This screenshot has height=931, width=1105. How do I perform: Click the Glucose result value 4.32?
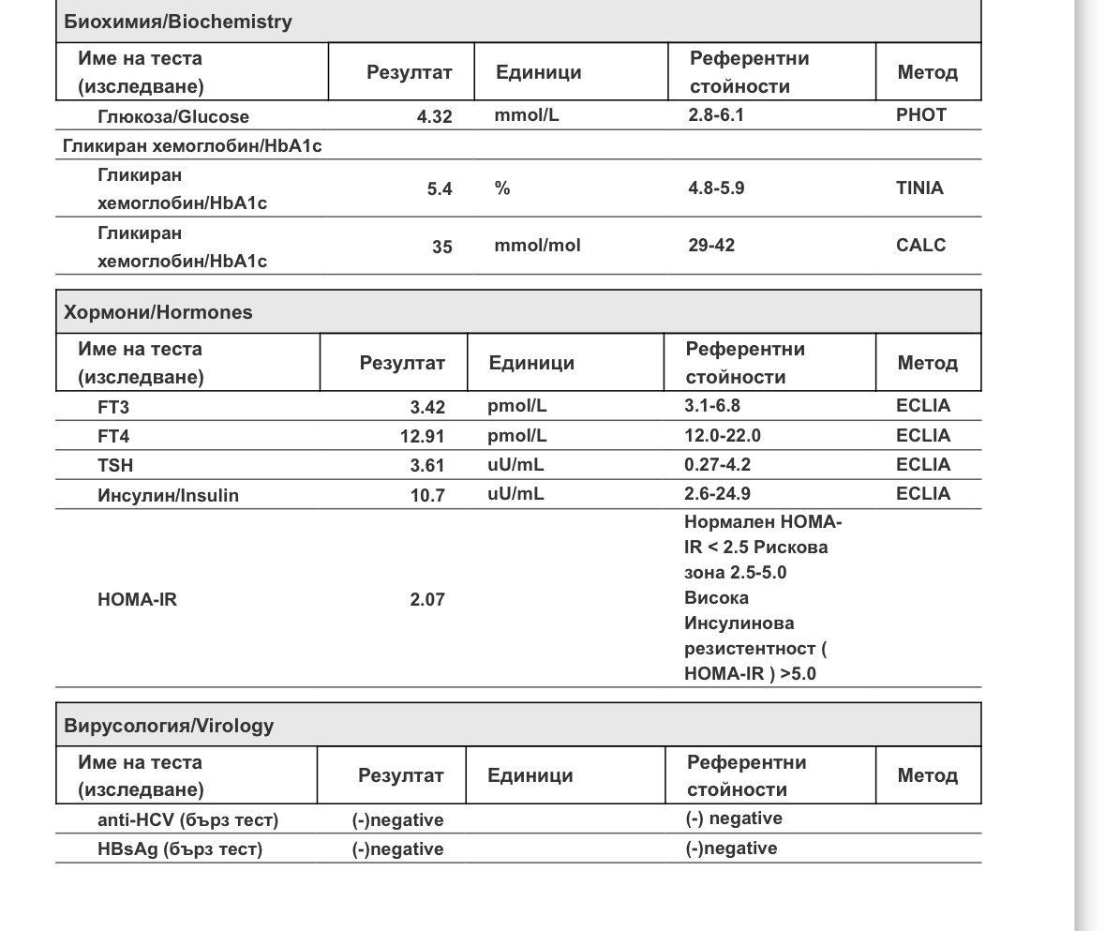[x=434, y=117]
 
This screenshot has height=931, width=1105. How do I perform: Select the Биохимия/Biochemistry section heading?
[x=177, y=22]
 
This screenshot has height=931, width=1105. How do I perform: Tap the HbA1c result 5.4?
[x=439, y=188]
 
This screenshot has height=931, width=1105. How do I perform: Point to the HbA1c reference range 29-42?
[x=711, y=246]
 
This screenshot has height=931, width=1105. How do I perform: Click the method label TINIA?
[x=919, y=188]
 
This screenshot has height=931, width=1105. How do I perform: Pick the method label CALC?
[x=920, y=246]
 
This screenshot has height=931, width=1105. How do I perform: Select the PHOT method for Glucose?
[x=920, y=115]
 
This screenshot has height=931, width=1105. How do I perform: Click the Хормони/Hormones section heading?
[x=157, y=312]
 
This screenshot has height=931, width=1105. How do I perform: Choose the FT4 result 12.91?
[x=422, y=436]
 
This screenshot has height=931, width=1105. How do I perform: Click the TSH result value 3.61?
[x=427, y=465]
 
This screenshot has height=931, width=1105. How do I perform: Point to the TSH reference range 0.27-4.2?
[x=717, y=464]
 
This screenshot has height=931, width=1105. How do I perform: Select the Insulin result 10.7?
[x=427, y=495]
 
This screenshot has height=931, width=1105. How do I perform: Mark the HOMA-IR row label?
[x=137, y=599]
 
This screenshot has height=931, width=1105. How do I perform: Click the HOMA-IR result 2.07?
[x=426, y=599]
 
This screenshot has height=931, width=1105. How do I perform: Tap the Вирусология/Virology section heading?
[x=169, y=726]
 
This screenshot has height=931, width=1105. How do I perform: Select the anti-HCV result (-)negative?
[x=397, y=820]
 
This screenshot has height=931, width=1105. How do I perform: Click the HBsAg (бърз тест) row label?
[x=179, y=849]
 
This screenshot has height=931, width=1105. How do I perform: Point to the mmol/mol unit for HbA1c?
[x=537, y=246]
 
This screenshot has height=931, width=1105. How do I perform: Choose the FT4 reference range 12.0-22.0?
[x=722, y=435]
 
